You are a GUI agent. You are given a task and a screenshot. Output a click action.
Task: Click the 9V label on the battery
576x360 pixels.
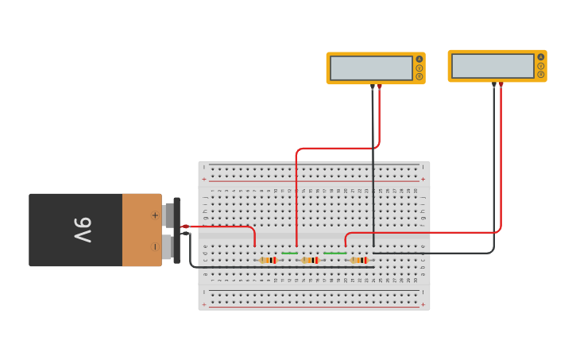coord(83,230)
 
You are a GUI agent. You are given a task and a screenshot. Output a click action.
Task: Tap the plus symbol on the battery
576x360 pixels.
coord(155,215)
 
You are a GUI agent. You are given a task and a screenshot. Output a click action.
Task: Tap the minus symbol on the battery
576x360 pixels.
coord(155,246)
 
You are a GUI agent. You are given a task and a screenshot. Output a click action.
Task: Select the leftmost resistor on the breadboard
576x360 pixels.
coord(269,260)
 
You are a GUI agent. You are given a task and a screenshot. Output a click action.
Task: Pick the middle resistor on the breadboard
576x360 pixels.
coord(310,260)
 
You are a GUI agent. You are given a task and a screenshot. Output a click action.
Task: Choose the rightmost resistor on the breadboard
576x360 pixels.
coord(359,260)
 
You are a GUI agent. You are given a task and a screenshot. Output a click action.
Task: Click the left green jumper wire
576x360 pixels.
coord(289,254)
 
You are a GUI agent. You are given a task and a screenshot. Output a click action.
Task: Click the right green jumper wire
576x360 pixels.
coord(334,254)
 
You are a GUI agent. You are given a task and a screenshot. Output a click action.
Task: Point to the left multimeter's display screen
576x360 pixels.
coord(371,68)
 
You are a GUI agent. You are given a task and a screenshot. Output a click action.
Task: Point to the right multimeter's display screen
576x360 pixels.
coord(493,66)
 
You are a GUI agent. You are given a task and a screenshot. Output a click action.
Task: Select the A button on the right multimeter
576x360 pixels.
coord(541,57)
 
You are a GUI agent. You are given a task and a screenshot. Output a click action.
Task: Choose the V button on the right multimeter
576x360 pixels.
coord(541,66)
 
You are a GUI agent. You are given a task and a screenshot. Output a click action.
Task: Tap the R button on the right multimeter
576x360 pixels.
coord(541,75)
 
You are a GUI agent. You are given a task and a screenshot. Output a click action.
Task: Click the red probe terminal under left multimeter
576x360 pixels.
coord(380,87)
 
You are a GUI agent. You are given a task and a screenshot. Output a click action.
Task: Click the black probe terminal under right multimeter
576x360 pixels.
coord(494,84)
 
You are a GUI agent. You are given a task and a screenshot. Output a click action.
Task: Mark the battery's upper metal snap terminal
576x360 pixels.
coord(168,215)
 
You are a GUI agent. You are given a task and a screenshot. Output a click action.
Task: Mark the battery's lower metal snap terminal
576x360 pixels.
coord(168,246)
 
